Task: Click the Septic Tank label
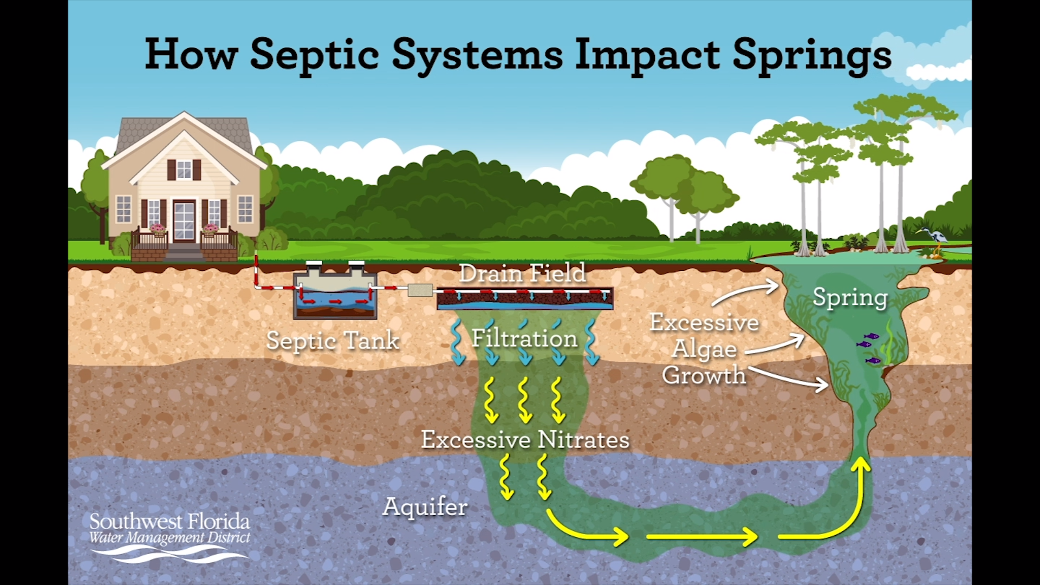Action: coord(333,341)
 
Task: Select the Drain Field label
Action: coord(523,273)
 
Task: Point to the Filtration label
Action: coord(524,339)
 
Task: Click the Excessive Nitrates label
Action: coord(525,439)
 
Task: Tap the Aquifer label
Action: coord(425,507)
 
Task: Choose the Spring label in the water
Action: coord(850,297)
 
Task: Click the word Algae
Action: coord(704,349)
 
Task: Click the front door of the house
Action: coord(184,221)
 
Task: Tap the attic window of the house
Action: coord(184,170)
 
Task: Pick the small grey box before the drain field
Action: coord(420,290)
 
